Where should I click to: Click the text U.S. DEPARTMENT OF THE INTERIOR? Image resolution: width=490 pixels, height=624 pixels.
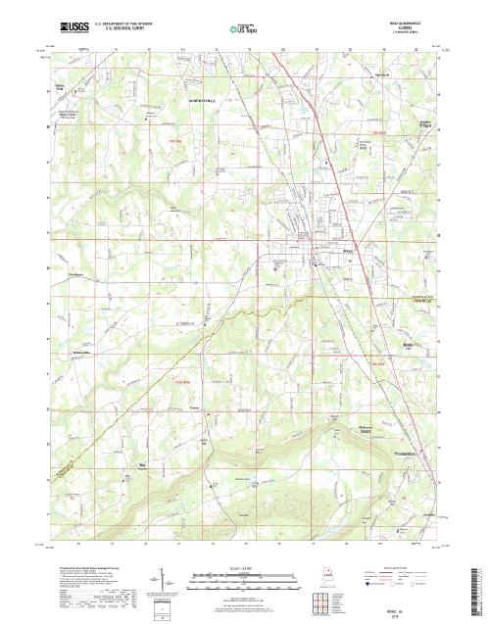tap(123, 20)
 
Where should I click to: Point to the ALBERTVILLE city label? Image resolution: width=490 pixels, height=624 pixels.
tap(194, 101)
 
